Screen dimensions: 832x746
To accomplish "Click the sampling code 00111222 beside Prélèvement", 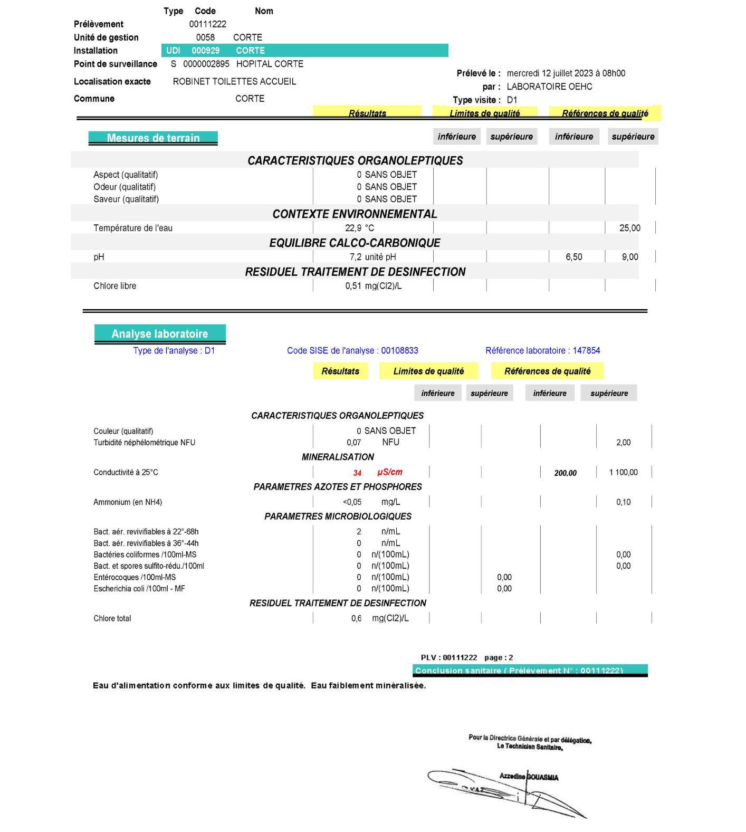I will (207, 24).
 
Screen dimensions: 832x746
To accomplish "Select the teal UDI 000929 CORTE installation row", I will (304, 51).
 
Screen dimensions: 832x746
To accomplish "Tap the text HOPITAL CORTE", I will (270, 64).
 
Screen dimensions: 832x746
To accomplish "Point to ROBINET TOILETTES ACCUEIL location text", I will (234, 81).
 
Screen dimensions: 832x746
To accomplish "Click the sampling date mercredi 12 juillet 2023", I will (566, 73).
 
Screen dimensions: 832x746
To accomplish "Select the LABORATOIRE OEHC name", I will (549, 87).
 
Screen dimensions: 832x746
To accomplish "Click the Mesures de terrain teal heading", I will (153, 138).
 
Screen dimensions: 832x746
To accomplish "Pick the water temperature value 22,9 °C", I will (359, 228).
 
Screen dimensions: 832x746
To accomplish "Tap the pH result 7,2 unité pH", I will (372, 257).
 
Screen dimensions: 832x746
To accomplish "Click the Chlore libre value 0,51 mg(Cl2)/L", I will (373, 286).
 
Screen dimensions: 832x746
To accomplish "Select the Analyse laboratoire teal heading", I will (160, 333).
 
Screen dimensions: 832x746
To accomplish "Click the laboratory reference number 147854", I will (586, 350).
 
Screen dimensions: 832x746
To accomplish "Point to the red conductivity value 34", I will (357, 473).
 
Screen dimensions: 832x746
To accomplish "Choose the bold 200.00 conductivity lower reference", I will (565, 473).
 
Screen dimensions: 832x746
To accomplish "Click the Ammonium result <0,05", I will (352, 502).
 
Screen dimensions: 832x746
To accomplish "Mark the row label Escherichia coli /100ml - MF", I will (139, 589).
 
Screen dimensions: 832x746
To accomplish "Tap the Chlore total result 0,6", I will (356, 618).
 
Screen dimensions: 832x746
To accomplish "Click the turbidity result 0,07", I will (353, 443).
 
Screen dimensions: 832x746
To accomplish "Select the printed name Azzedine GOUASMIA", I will (529, 777).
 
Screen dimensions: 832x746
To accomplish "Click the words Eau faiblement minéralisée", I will (368, 685).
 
